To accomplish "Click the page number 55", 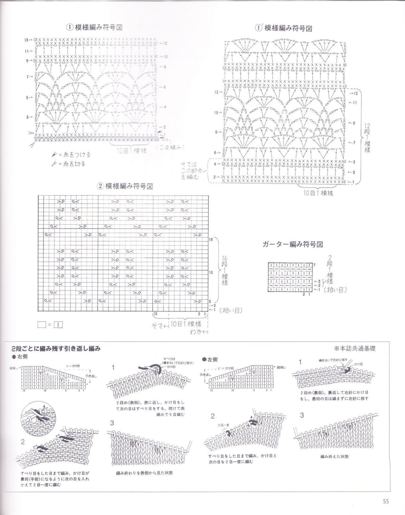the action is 386,501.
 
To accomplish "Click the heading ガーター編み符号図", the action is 292,244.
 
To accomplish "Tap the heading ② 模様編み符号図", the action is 125,186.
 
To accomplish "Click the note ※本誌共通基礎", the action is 354,348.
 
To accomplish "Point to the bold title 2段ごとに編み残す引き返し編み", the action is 56,349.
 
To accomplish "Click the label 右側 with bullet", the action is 20,357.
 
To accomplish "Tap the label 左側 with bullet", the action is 210,359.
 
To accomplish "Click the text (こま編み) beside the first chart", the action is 170,147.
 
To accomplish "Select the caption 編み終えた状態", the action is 334,456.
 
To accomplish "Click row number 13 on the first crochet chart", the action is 26,40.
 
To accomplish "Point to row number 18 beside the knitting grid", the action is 211,239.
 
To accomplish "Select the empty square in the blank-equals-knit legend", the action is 42,325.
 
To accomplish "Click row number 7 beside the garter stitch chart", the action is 315,265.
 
